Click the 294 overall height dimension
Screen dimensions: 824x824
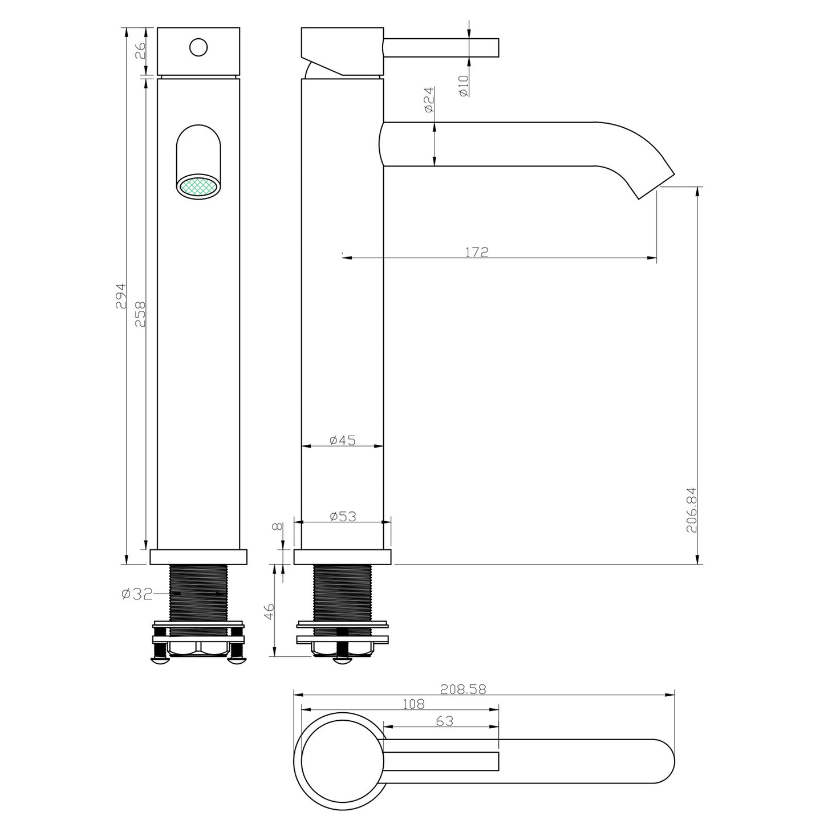tap(120, 295)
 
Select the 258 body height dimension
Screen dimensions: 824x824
tap(140, 314)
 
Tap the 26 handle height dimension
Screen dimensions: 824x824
tap(140, 50)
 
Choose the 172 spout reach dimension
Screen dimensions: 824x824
tap(476, 252)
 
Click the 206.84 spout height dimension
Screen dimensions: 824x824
tap(691, 510)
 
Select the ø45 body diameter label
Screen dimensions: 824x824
tap(343, 440)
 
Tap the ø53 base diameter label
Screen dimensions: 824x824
tap(343, 516)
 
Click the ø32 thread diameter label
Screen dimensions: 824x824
tap(137, 594)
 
